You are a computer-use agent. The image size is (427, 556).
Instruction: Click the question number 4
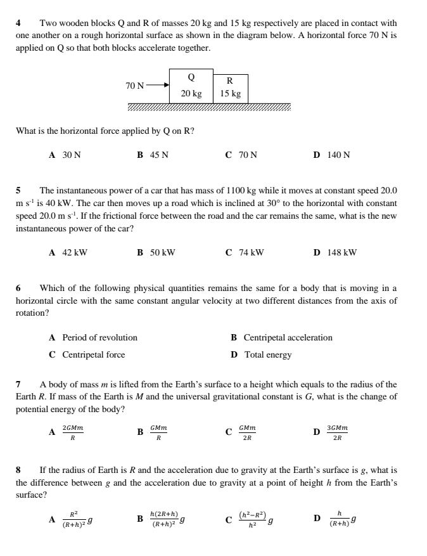point(18,23)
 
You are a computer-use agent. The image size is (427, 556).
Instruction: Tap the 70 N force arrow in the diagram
point(158,84)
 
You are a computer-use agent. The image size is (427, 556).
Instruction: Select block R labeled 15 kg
point(230,88)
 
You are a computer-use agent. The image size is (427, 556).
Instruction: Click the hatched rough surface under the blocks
point(209,107)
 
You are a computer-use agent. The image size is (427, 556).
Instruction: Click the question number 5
point(18,190)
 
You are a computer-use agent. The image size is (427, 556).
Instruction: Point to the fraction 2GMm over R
point(73,432)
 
